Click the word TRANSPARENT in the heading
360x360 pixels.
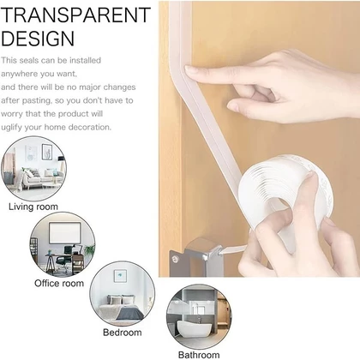point(75,15)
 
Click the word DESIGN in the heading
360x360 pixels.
point(38,39)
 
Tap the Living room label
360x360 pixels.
point(33,207)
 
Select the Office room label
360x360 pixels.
point(59,283)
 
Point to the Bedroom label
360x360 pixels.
point(123,333)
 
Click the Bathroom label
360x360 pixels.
point(199,355)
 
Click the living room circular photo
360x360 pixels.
point(33,169)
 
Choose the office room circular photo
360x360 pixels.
point(63,244)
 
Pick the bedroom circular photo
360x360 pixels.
point(123,293)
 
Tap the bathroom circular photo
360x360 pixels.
point(199,316)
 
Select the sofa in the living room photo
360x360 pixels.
point(42,177)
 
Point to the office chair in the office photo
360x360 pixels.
point(63,258)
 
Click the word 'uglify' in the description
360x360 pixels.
point(11,128)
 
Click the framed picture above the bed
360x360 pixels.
point(120,276)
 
